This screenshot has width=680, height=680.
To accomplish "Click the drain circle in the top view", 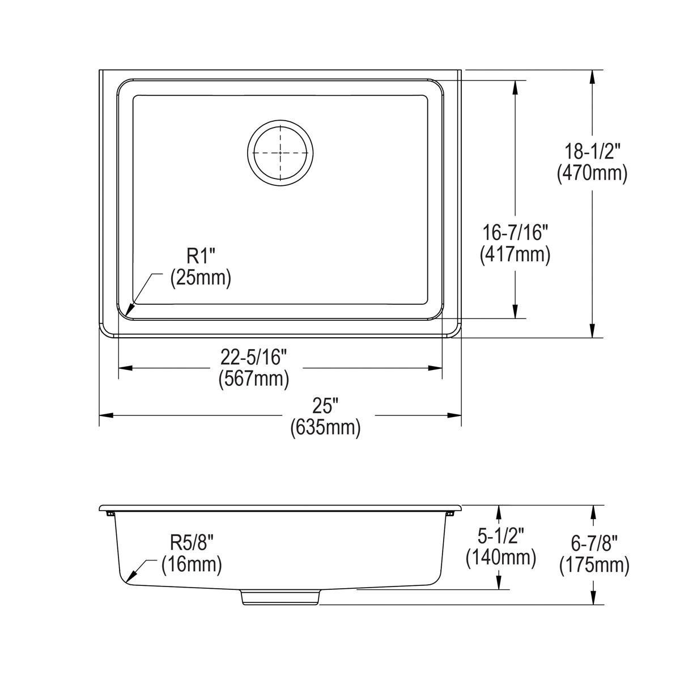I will [280, 152].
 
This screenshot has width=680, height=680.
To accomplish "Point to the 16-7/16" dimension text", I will [515, 233].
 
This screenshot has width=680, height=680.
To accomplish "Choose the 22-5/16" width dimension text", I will [254, 357].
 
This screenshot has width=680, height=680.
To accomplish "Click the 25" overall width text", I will [325, 406].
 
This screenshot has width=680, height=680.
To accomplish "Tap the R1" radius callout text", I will [202, 257].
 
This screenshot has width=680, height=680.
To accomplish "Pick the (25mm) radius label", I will [201, 278].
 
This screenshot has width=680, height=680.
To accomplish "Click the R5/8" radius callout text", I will [192, 543].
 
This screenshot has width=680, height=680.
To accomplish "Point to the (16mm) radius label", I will [192, 564].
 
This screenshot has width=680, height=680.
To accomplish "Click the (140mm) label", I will [500, 558].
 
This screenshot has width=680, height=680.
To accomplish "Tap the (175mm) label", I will [594, 566].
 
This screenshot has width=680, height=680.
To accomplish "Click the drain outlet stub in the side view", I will [281, 597].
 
